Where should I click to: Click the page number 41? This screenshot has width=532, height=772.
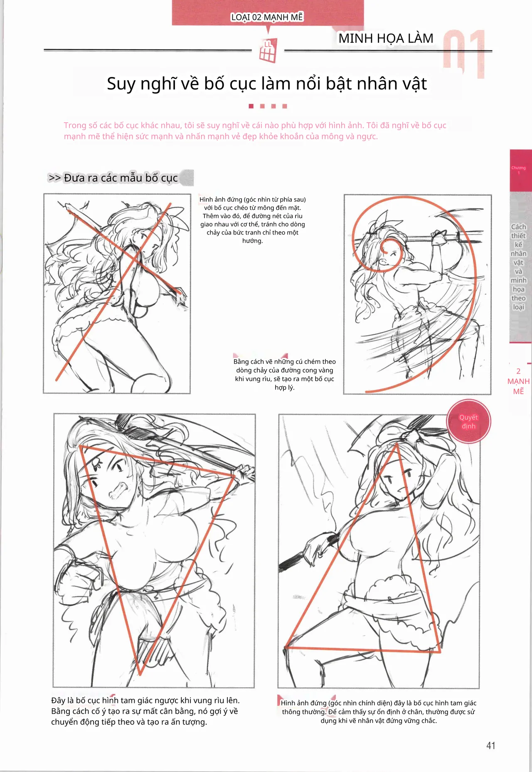tap(491, 745)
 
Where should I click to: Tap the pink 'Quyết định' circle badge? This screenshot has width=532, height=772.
tap(468, 422)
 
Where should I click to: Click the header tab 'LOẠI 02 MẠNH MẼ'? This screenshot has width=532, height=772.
tap(267, 17)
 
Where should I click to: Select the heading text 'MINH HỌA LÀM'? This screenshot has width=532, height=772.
tap(386, 38)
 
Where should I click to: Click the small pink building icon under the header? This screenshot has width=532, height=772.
tap(268, 51)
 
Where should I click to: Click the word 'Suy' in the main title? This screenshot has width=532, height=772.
tap(121, 84)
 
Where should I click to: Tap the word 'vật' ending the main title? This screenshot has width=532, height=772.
tap(413, 84)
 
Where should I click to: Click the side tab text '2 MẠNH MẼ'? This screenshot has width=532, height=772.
tap(518, 381)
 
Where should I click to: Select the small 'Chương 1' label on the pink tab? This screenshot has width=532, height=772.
tap(518, 170)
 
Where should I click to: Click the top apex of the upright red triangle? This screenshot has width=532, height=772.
tap(397, 444)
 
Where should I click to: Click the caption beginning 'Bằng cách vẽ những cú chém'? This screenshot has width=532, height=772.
tap(285, 375)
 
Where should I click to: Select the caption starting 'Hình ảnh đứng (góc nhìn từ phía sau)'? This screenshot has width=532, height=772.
tap(253, 220)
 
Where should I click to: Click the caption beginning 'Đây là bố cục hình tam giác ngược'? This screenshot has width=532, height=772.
tap(145, 711)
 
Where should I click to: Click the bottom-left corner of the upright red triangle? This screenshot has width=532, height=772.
tap(286, 647)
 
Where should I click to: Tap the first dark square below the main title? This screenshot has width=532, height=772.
tap(251, 106)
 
